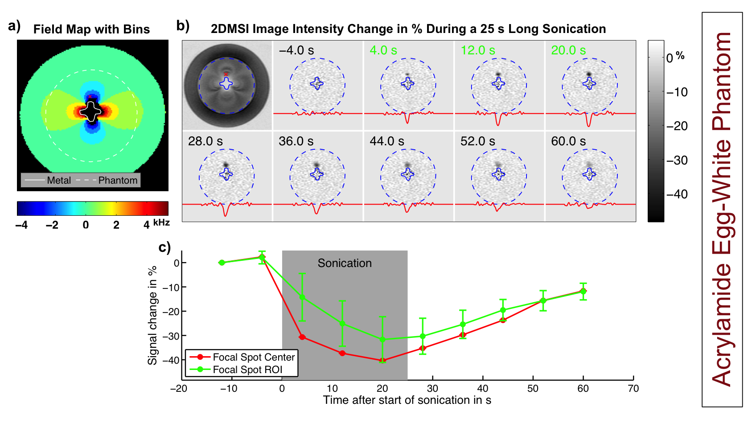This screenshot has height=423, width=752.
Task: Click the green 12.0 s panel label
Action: pos(477,50)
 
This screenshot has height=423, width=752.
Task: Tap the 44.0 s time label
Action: pos(386,141)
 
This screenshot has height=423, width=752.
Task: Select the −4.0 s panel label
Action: pos(296,50)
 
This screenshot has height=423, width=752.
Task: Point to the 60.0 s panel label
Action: pos(568,141)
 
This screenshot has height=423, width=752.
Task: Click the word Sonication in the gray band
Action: pos(345,263)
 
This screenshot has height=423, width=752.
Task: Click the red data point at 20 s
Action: pos(382,360)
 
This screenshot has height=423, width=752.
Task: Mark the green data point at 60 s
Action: pos(583,291)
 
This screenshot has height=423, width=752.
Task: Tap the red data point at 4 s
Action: pos(302,337)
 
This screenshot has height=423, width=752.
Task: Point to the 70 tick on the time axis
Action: pos(633,389)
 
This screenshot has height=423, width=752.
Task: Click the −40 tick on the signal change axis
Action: pos(171,360)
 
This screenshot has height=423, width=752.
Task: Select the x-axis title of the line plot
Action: pos(407,400)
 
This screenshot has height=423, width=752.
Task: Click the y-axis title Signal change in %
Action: pos(152,315)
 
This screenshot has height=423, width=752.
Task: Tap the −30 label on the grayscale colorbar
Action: pos(677,160)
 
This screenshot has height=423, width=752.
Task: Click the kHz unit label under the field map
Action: pos(161,222)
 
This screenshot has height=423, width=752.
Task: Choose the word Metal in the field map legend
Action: pos(59,181)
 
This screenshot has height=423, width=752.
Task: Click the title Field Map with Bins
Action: pos(91,29)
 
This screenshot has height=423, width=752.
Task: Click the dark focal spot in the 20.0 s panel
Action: pos(589,74)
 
